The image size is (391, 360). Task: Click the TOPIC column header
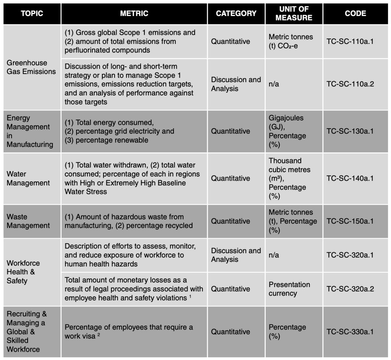[32, 13]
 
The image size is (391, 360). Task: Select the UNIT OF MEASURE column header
[294, 13]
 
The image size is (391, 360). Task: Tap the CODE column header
[355, 13]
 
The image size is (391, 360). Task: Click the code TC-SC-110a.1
[350, 41]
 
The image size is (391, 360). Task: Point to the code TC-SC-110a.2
[350, 84]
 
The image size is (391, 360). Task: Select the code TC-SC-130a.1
[350, 131]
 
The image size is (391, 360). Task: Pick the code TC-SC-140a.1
[350, 178]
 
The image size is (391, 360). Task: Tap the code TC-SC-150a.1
[350, 221]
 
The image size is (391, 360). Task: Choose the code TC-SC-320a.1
[350, 255]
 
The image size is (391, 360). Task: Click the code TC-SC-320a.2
[350, 289]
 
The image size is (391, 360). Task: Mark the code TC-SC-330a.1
[350, 332]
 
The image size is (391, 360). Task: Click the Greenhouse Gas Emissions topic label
[31, 67]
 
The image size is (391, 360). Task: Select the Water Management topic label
[28, 178]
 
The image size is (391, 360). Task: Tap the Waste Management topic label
[28, 221]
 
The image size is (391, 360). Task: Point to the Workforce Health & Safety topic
[23, 272]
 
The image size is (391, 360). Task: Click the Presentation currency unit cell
[289, 289]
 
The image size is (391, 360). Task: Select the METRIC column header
[134, 13]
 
